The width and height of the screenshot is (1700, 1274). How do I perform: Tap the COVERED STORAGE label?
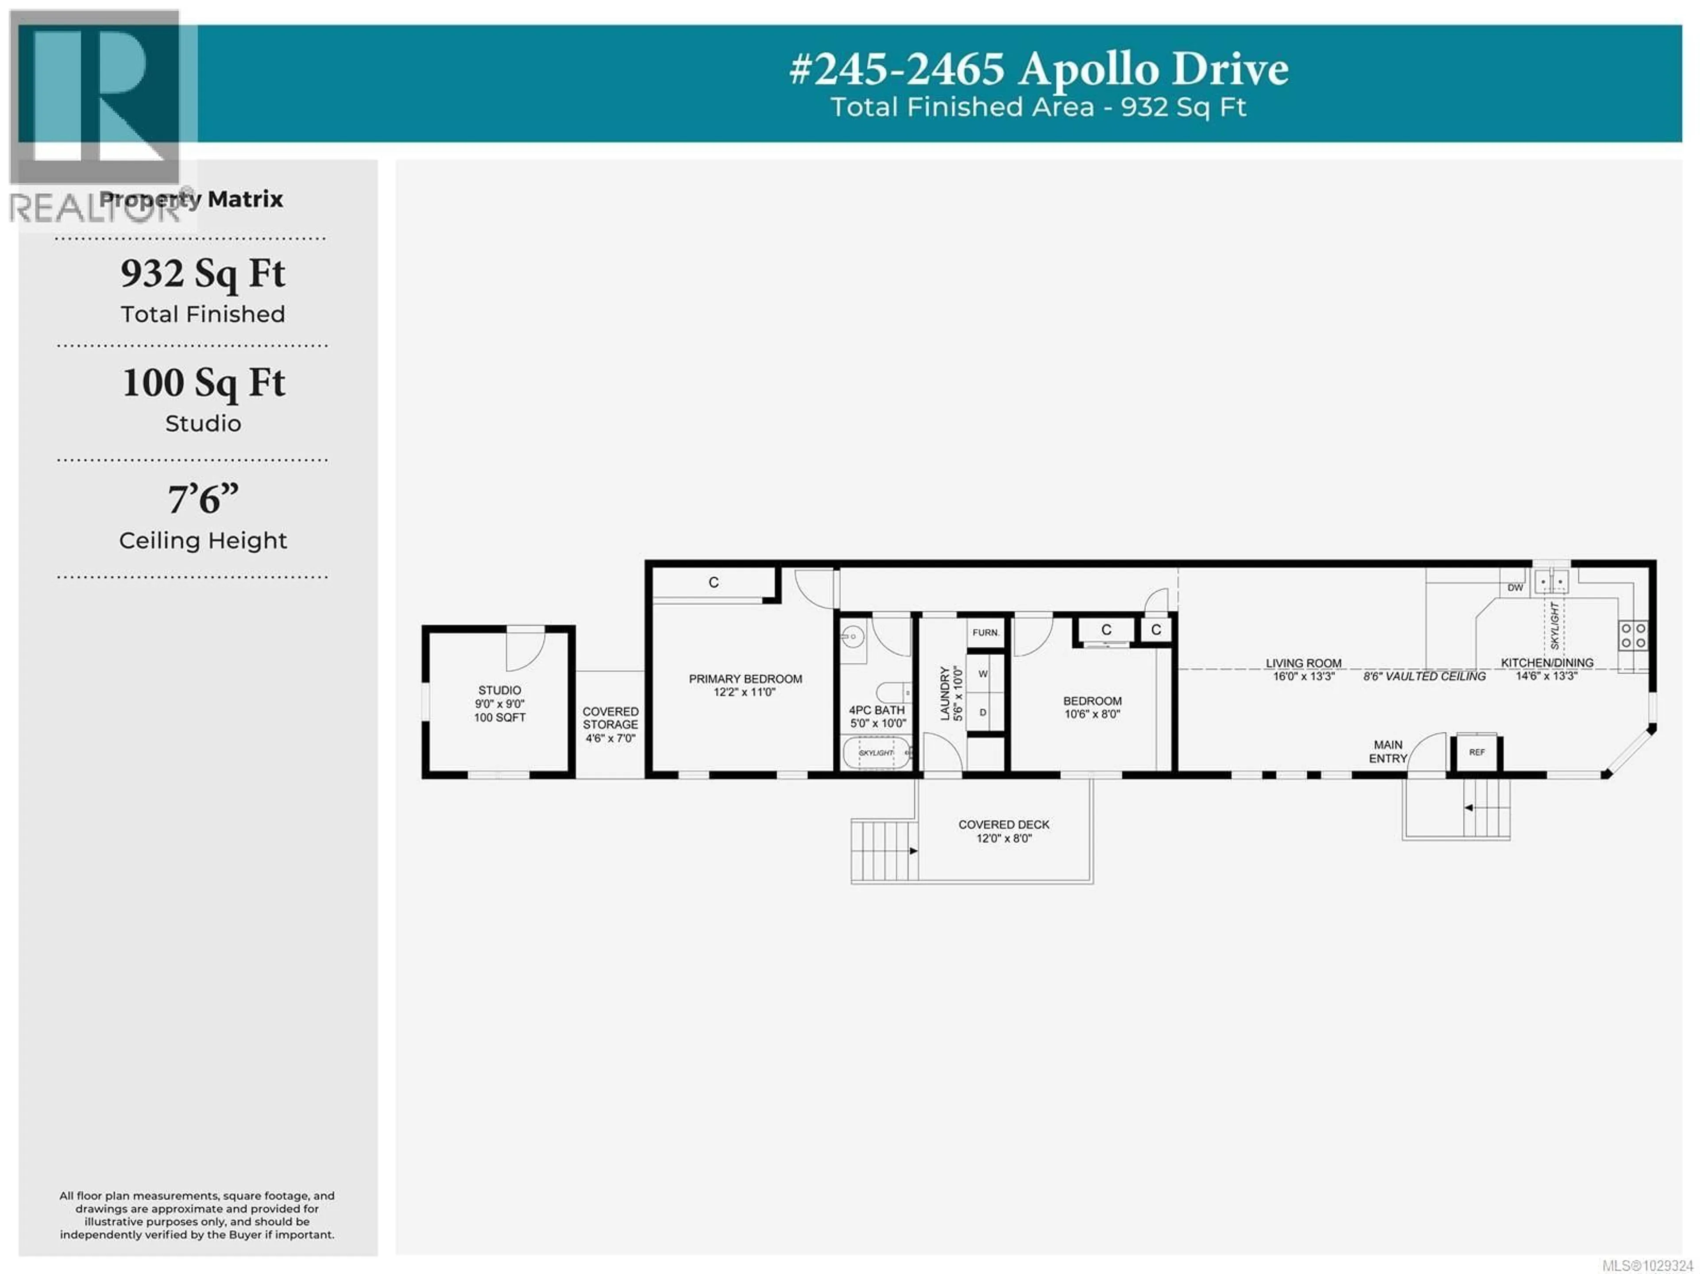[610, 718]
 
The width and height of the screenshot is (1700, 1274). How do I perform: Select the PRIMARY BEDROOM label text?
[745, 679]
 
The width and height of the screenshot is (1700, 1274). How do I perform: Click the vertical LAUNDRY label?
[945, 693]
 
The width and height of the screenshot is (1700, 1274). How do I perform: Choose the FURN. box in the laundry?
[985, 633]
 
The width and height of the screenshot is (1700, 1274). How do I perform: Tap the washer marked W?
[983, 674]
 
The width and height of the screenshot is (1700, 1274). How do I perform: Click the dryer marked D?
[983, 712]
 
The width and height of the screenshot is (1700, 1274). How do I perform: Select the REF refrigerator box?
[1476, 752]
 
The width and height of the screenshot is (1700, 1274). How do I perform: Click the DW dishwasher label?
[1515, 588]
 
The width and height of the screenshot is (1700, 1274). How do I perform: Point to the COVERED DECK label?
[1004, 825]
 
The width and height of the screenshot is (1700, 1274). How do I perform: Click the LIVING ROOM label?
[1303, 663]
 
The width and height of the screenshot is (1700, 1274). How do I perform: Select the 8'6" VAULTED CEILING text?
[1424, 676]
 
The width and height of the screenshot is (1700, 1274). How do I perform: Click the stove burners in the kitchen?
[1633, 636]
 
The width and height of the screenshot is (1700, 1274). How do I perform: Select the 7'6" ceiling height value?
[203, 499]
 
